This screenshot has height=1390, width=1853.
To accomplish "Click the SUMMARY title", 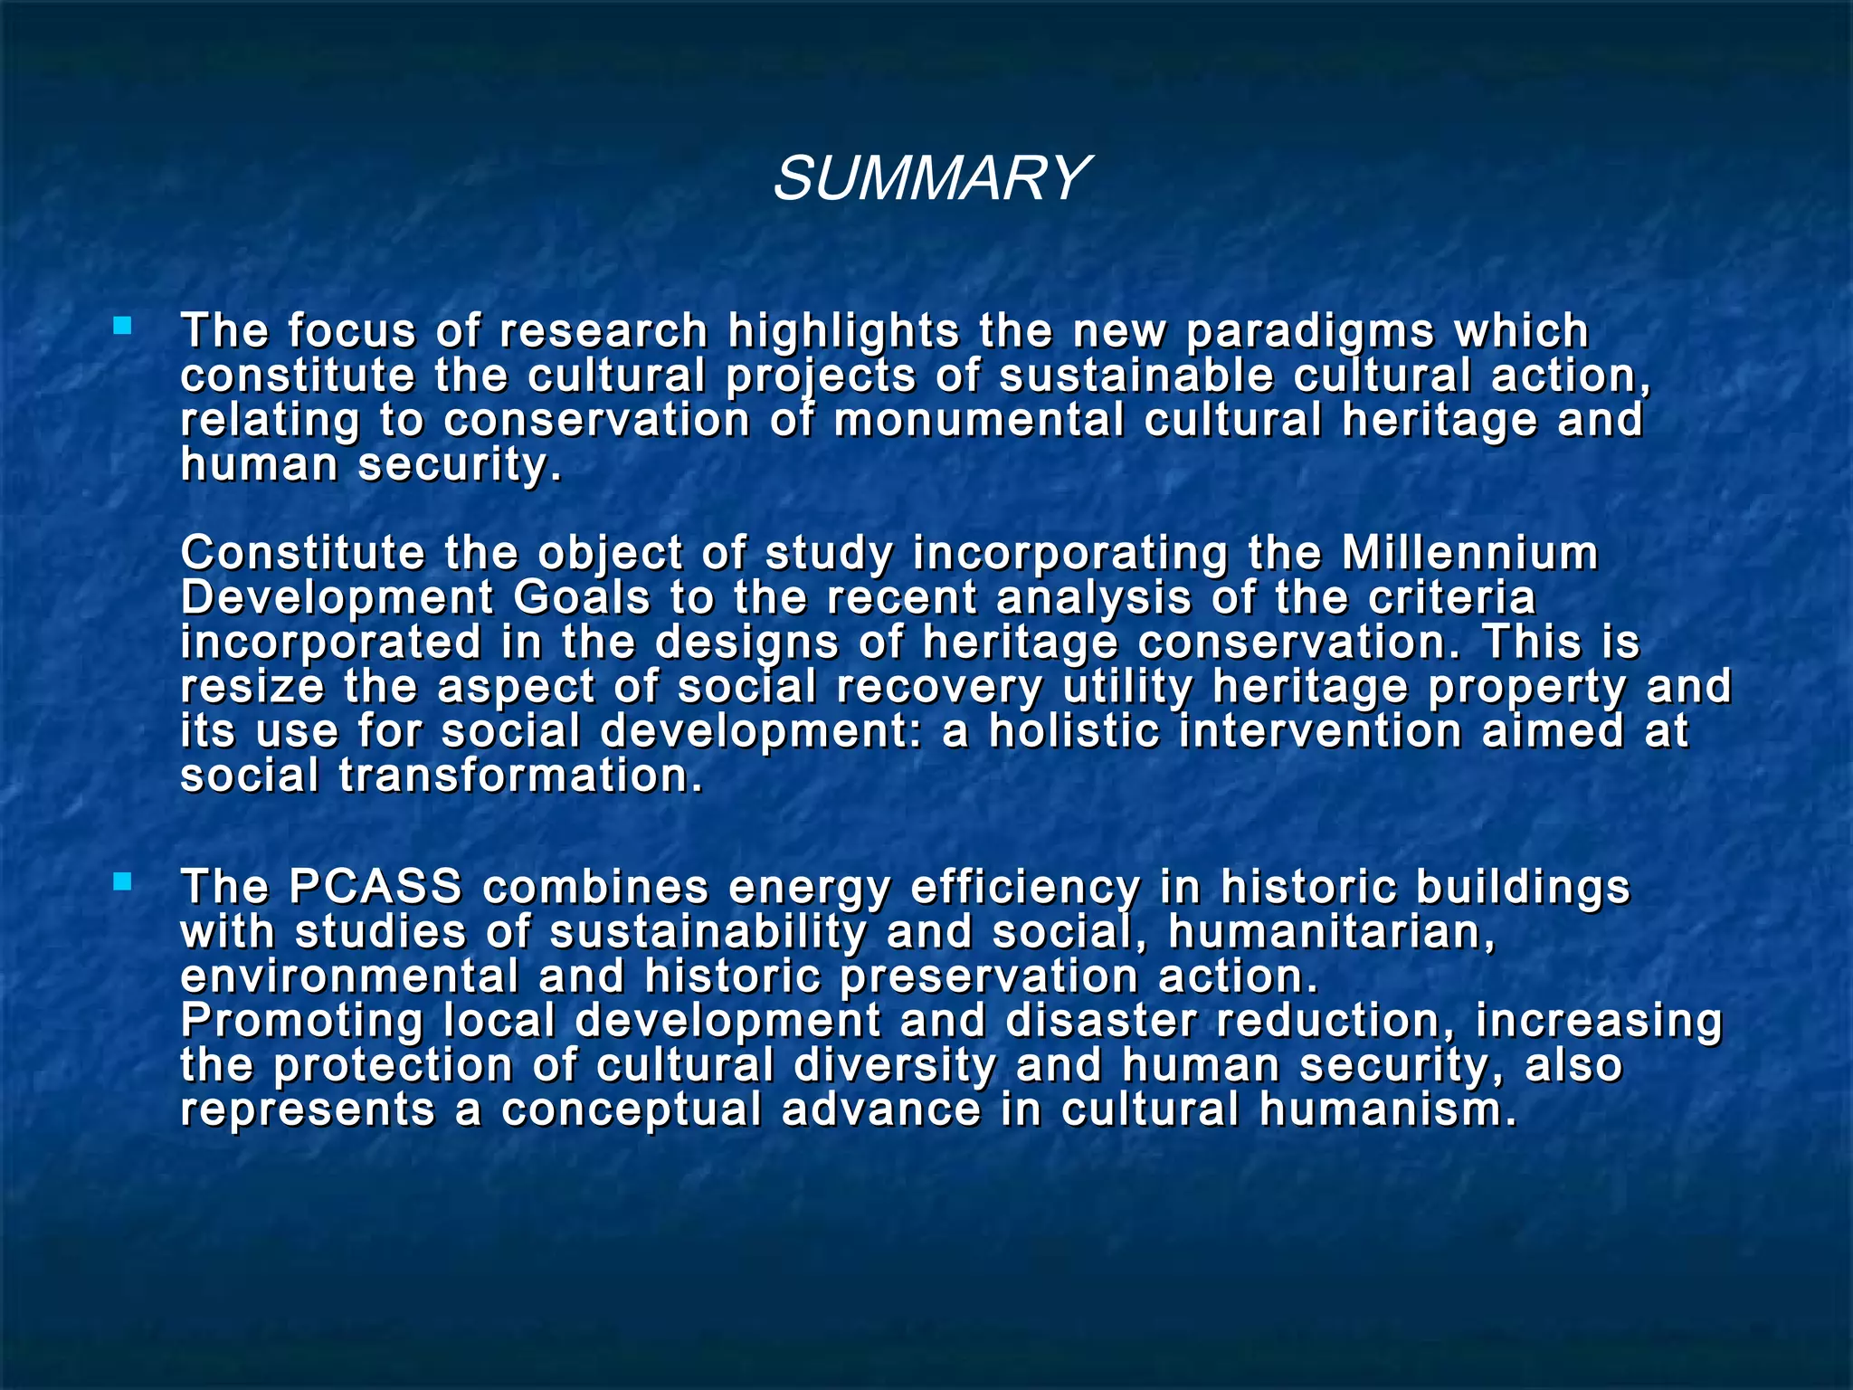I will pyautogui.click(x=931, y=178).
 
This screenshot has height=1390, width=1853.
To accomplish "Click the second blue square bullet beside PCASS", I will pyautogui.click(x=122, y=881).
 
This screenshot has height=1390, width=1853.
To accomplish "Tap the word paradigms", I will pyautogui.click(x=1309, y=332).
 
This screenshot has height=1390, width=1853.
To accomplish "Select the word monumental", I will pyautogui.click(x=978, y=421).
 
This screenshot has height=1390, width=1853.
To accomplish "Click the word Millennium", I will pyautogui.click(x=1469, y=554).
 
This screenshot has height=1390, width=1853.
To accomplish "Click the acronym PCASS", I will pyautogui.click(x=375, y=887).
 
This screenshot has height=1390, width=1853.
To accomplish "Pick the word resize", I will pyautogui.click(x=252, y=687).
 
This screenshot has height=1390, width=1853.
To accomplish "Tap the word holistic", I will pyautogui.click(x=1073, y=731).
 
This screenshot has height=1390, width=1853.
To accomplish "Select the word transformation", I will pyautogui.click(x=520, y=776).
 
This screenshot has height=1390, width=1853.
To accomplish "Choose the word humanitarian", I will pyautogui.click(x=1331, y=932).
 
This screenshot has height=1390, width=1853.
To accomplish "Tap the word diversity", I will pyautogui.click(x=895, y=1065).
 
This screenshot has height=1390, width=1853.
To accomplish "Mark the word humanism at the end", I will pyautogui.click(x=1387, y=1109).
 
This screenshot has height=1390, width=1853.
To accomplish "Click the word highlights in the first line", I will pyautogui.click(x=842, y=332).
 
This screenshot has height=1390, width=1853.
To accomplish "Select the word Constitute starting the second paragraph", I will pyautogui.click(x=301, y=554).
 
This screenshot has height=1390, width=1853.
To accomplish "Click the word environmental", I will pyautogui.click(x=350, y=976).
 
